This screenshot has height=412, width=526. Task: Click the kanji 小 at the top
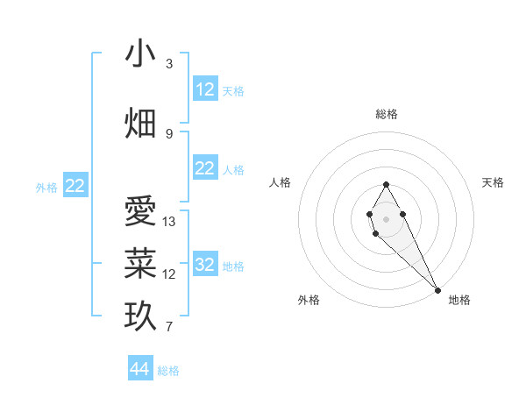[x=140, y=54]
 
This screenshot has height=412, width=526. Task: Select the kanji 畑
[x=140, y=124]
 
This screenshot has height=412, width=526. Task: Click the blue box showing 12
[x=205, y=89]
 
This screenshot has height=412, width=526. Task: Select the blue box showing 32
[x=205, y=265]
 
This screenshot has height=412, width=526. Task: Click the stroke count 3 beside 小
[x=169, y=64]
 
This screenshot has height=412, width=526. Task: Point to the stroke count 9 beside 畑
[x=169, y=133]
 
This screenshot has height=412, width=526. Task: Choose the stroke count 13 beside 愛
[x=169, y=222]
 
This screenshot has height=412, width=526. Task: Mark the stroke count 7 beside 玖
[x=169, y=327]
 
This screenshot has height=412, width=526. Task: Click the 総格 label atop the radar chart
[x=387, y=114]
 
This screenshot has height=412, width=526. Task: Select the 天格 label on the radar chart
[x=493, y=182]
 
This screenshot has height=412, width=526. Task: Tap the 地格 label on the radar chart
[x=459, y=300]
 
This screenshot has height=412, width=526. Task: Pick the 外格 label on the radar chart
[x=309, y=300]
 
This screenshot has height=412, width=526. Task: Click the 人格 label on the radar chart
[x=280, y=182]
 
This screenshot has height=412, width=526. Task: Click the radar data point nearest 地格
[x=437, y=289]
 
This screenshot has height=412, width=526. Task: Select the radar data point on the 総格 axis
[x=386, y=184]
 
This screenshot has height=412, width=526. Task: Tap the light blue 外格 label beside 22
[x=46, y=187]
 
